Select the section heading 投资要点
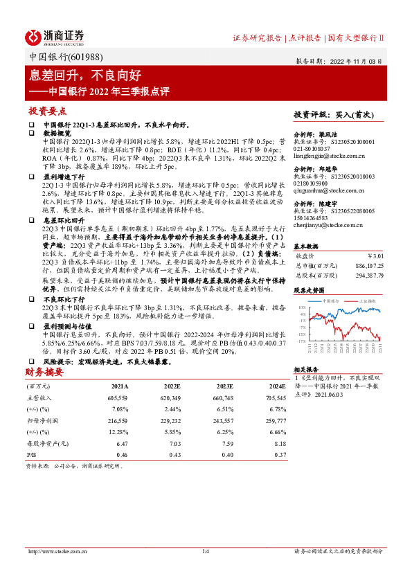[x=48, y=111]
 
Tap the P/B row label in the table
[x=32, y=454]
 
